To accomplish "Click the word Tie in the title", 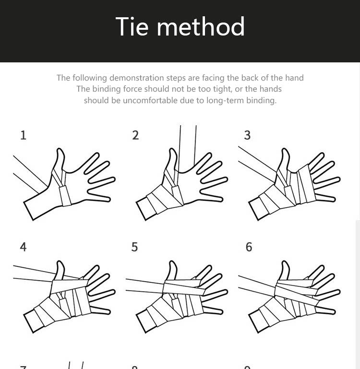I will [x=133, y=27].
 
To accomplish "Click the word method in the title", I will [x=201, y=27].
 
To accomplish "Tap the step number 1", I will [x=23, y=135].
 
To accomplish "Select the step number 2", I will [x=135, y=135].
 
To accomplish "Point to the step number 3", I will [x=247, y=135].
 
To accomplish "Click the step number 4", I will [x=23, y=247].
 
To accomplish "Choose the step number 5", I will [x=134, y=247].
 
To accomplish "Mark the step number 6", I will [x=249, y=247].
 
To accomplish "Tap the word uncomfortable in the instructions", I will [x=153, y=100].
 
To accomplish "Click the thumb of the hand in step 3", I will [x=284, y=159].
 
